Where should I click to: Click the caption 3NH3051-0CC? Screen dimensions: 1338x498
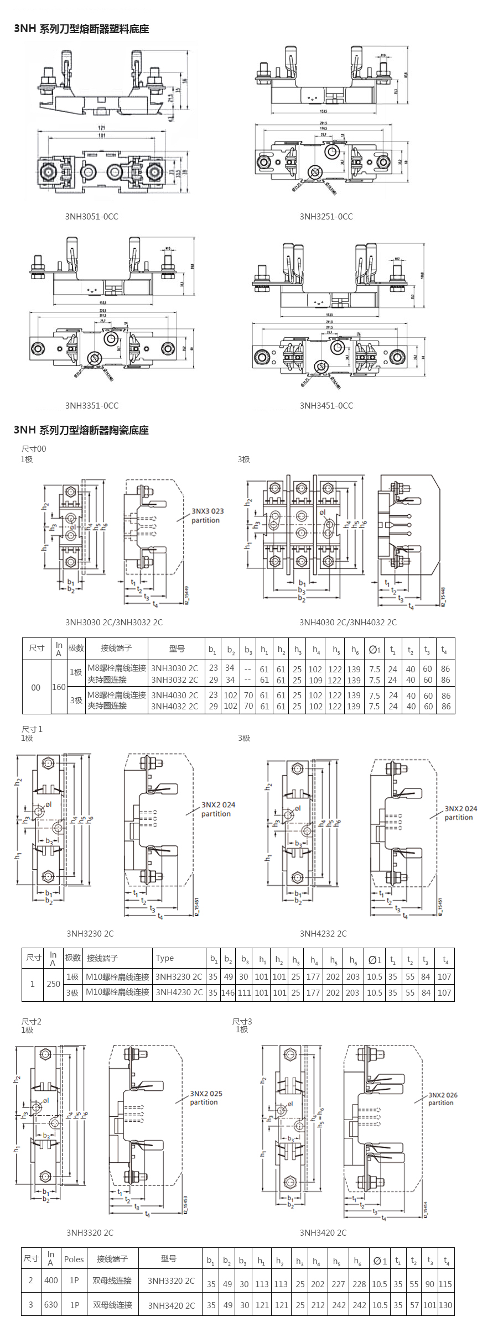coord(92,216)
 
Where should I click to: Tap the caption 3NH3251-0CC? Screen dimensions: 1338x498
coord(326,216)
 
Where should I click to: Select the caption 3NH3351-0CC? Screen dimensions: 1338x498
coord(92,405)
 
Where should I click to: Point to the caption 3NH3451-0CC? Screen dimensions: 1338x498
coord(326,405)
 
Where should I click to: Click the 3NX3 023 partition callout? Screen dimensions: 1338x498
coord(207,515)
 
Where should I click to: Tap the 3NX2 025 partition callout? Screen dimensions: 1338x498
coord(205,1097)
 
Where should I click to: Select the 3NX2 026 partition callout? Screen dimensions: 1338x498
coord(443,1099)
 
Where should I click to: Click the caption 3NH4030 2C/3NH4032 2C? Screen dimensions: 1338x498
coord(348,622)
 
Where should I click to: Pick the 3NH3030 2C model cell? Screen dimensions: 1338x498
coord(174,668)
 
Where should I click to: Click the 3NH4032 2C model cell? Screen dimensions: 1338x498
coord(174,706)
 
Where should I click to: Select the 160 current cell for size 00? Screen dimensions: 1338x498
coord(59,687)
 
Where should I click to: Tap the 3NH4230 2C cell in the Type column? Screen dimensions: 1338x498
coord(179,992)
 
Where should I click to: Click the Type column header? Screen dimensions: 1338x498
coord(165,958)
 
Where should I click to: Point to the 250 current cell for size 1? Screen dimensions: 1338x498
coord(53,984)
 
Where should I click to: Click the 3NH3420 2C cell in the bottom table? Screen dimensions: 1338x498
coord(171,1305)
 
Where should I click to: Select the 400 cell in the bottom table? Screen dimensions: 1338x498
coord(51,1280)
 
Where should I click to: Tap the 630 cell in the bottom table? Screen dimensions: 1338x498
coord(51,1304)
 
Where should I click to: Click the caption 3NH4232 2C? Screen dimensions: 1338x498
coord(323,933)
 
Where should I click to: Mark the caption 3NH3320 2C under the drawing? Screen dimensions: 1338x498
coord(90,1232)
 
